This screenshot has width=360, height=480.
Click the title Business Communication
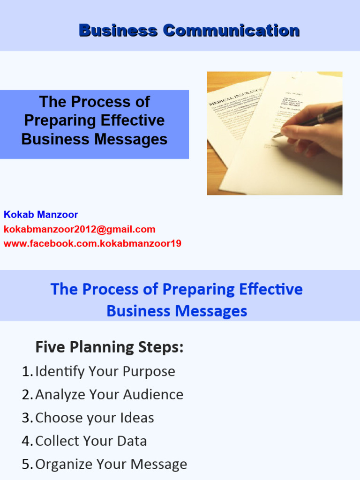(x=189, y=30)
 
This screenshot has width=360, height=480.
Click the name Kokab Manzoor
(x=41, y=215)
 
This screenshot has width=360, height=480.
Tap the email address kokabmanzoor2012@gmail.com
(x=79, y=229)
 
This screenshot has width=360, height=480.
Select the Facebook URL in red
(x=92, y=243)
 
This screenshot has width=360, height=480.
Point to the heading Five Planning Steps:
(x=109, y=347)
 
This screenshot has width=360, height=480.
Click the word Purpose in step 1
(x=149, y=371)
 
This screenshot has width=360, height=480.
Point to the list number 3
(x=27, y=418)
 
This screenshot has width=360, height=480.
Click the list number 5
(x=27, y=464)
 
